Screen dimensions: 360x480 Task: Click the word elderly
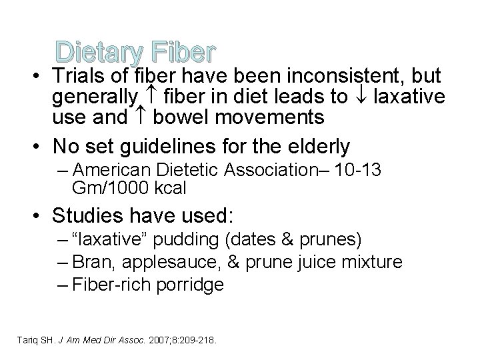tap(316, 146)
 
